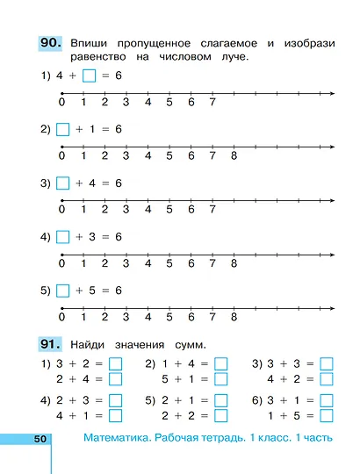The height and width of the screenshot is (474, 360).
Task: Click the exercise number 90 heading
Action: [x=50, y=41]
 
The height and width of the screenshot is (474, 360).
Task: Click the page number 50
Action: [x=39, y=438]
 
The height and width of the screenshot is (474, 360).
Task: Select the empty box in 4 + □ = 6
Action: [x=89, y=76]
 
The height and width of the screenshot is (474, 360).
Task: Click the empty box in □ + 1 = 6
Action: [x=61, y=129]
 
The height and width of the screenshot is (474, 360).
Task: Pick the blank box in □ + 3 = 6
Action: [x=61, y=236]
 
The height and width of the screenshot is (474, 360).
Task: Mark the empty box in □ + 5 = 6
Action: [x=61, y=290]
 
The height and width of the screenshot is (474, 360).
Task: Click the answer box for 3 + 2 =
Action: [x=115, y=363]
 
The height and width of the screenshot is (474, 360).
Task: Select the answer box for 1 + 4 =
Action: [x=220, y=363]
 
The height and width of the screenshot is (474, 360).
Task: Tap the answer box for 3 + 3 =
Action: [x=327, y=363]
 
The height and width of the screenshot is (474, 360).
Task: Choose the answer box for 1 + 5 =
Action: [x=327, y=415]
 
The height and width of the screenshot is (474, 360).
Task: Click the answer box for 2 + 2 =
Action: [x=220, y=415]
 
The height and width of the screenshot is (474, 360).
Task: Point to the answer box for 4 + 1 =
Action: [x=115, y=415]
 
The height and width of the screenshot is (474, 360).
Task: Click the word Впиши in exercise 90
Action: [x=90, y=41]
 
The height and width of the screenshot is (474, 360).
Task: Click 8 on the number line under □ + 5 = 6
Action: [x=234, y=317]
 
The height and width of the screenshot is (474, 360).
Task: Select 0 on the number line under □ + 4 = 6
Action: [x=61, y=210]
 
